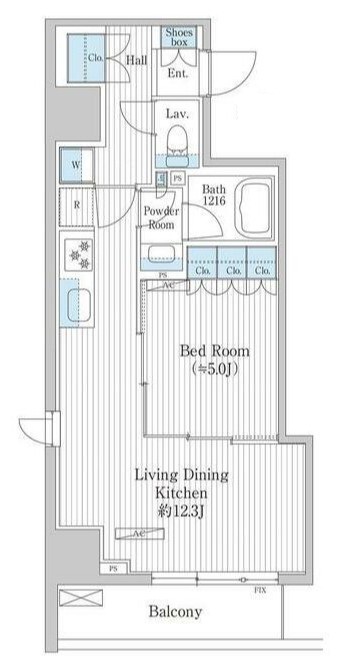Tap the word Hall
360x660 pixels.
(x=136, y=61)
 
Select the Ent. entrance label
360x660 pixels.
(x=179, y=73)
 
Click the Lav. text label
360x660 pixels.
(x=178, y=113)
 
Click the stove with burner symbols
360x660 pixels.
(x=78, y=255)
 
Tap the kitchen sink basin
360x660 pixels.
(x=77, y=303)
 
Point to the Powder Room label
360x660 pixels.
(x=160, y=218)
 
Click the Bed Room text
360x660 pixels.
(x=214, y=351)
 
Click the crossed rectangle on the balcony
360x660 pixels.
(x=80, y=597)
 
